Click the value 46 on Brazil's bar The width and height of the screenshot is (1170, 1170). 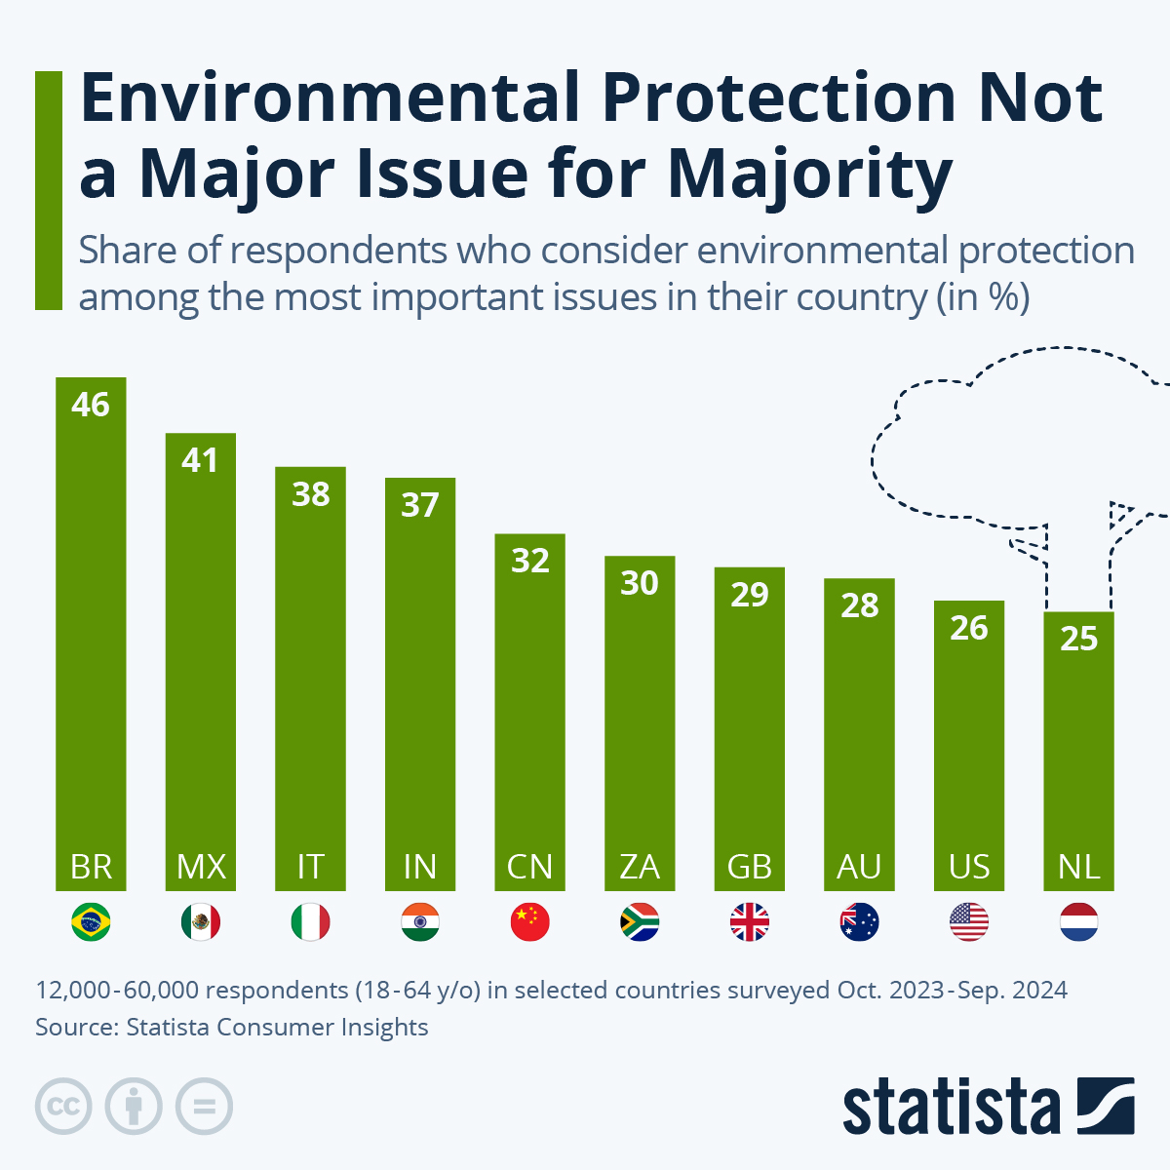tap(91, 405)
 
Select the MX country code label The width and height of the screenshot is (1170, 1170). tap(201, 867)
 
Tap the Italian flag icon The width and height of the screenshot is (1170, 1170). tap(310, 921)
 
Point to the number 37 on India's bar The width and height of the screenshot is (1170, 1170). tap(420, 505)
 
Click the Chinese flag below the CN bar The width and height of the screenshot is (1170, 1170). tap(530, 921)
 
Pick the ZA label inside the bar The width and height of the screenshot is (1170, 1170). tap(640, 867)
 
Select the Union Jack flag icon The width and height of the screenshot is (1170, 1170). tap(750, 921)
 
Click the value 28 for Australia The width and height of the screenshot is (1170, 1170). tap(860, 605)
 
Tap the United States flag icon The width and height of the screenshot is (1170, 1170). tap(969, 921)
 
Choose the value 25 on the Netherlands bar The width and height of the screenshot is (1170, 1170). tap(1078, 639)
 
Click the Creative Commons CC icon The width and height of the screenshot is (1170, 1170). tap(63, 1107)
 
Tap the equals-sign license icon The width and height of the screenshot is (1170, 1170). tap(204, 1107)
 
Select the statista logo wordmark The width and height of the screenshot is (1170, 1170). tap(951, 1107)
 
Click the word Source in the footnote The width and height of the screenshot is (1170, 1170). tap(74, 1027)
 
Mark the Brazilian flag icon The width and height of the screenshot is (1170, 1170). tap(91, 921)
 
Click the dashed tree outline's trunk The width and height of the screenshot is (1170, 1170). tap(1078, 565)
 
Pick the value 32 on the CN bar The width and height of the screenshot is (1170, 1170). tap(530, 561)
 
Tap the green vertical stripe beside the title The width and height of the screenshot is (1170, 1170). tap(48, 190)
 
